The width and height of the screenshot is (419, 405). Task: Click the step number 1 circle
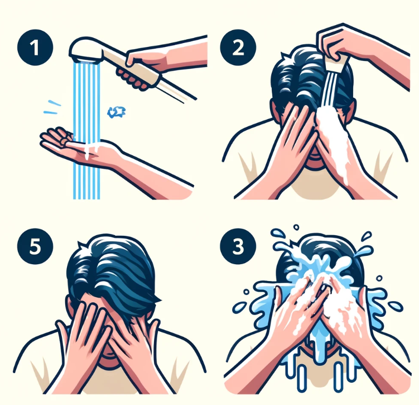[35, 47]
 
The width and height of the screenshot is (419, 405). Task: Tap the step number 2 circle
[238, 47]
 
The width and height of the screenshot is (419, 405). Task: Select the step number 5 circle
[35, 246]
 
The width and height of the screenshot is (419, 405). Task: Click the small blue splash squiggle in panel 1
[117, 112]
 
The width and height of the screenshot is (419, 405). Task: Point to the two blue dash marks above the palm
[52, 107]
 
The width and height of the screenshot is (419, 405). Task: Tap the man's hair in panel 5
[112, 270]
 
